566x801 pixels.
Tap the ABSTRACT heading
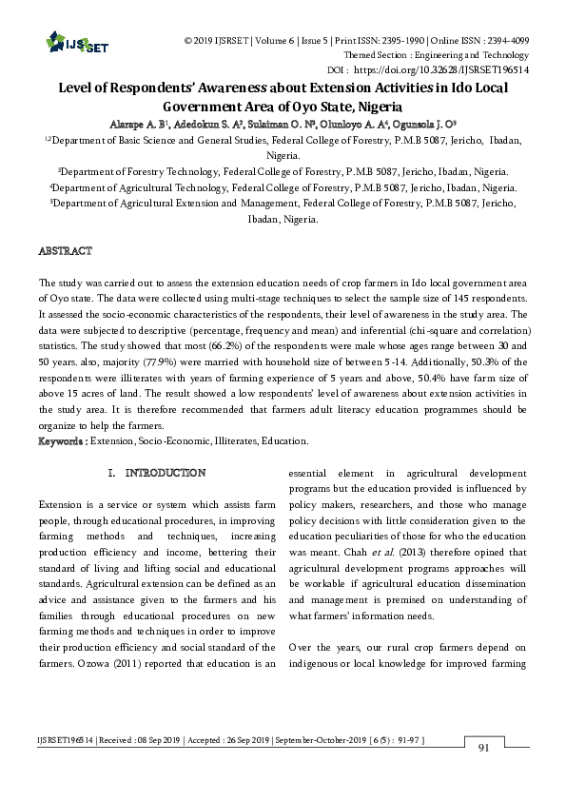pos(65,251)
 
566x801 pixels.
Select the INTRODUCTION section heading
pos(166,473)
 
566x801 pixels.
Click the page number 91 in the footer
pos(483,748)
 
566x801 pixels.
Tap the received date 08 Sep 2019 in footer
pos(140,739)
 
